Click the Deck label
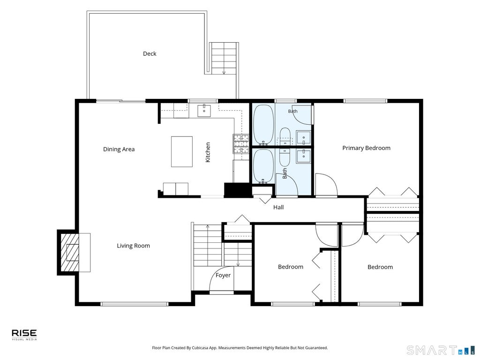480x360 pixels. coord(150,53)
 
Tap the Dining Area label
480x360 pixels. coord(119,150)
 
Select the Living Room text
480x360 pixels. coord(134,246)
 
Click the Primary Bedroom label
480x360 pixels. coord(367,148)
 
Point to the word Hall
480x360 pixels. coord(278,207)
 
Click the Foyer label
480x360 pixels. coord(223,276)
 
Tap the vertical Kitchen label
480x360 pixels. coord(208,152)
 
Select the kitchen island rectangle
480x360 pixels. coord(182,151)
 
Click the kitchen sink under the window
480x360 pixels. coord(204,111)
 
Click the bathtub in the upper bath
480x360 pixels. coord(263,125)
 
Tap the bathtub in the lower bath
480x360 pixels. coord(263,166)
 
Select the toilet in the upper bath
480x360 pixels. coord(285,136)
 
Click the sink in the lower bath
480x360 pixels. coord(303,156)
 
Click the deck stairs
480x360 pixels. coord(224,58)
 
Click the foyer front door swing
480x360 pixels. coord(222,280)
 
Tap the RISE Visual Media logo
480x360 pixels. coord(24,335)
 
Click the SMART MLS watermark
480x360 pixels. coord(441,350)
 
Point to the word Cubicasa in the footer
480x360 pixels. coord(200,348)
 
